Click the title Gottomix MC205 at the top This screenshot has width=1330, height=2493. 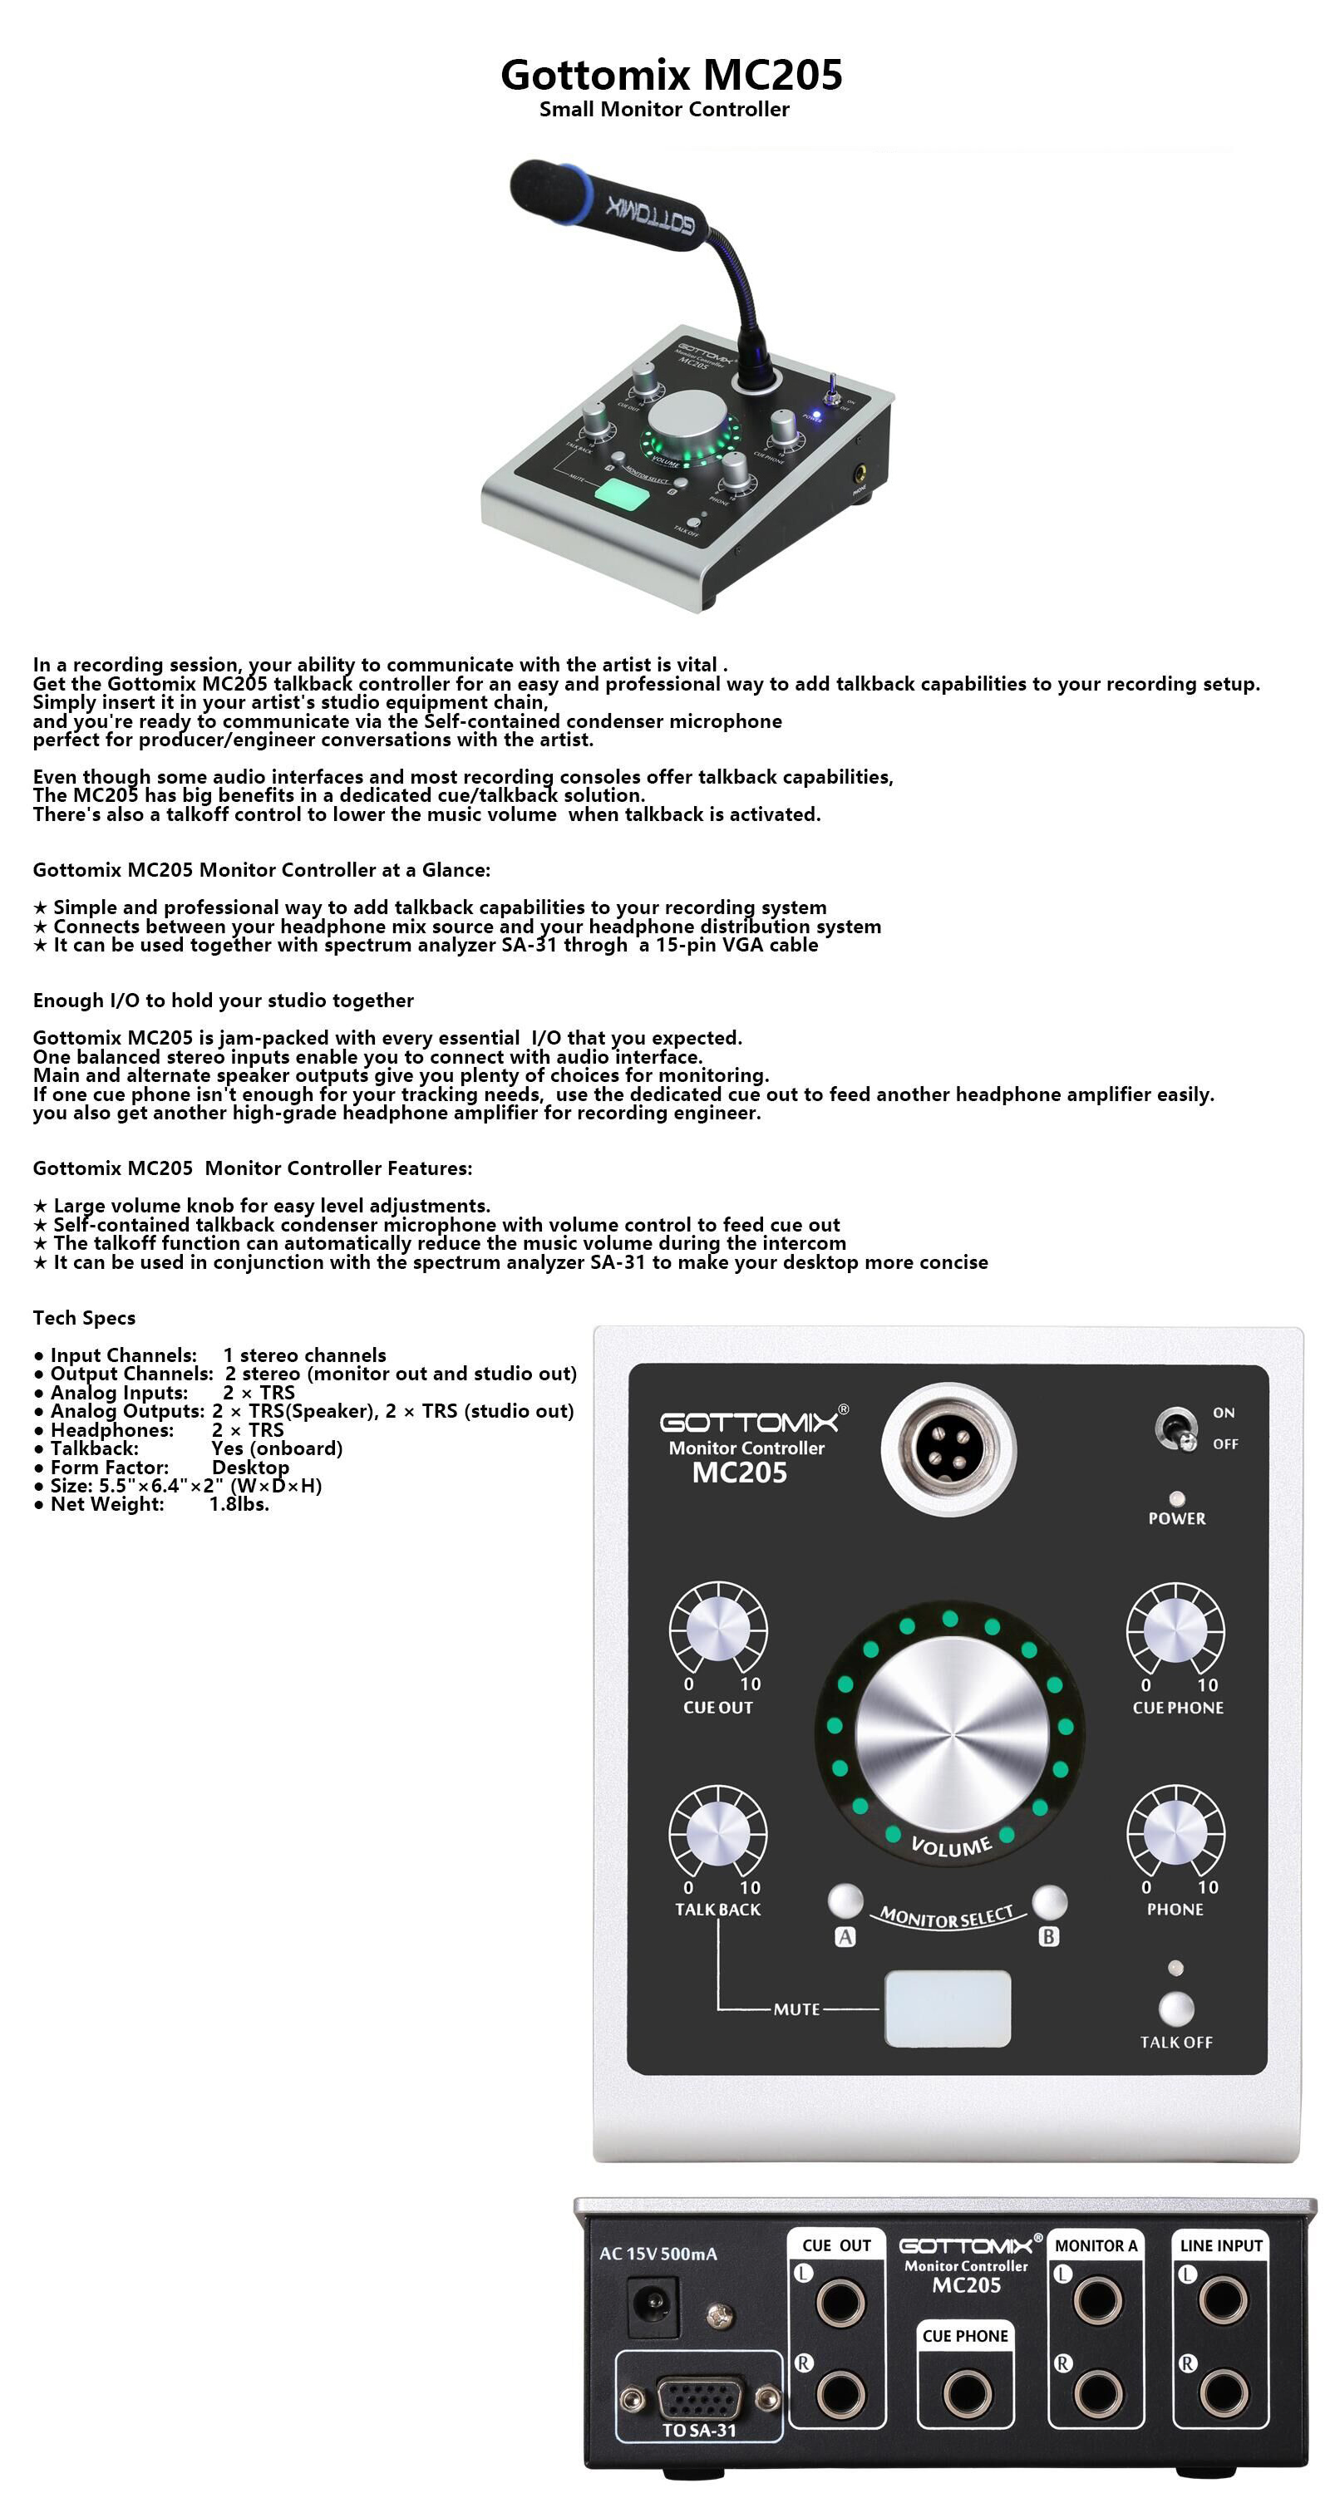click(x=671, y=76)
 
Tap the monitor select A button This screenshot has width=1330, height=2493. click(x=845, y=1900)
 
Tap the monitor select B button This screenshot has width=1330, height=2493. click(x=1049, y=1900)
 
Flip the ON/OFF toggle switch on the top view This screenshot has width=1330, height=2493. click(x=1175, y=1428)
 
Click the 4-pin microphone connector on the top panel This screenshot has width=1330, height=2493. click(x=948, y=1448)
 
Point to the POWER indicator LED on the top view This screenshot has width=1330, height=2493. click(x=1176, y=1499)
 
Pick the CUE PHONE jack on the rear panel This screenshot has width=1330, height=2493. click(x=966, y=2391)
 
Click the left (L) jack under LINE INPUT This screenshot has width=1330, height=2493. click(x=1223, y=2301)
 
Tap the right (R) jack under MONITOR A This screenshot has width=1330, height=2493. click(x=1098, y=2391)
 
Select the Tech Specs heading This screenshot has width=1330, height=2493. click(x=84, y=1317)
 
